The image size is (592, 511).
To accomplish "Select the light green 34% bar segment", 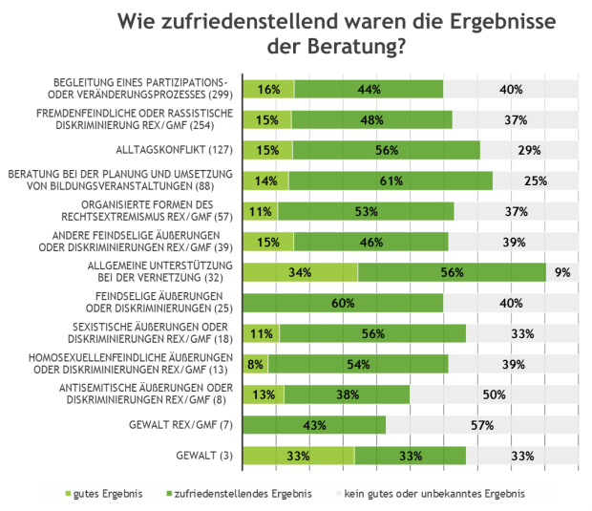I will (301, 272).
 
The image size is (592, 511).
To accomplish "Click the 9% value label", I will (561, 272).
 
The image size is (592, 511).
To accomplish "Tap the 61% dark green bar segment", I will (390, 181).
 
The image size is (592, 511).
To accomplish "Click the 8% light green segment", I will (256, 364).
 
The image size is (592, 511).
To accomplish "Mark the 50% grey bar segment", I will (494, 394).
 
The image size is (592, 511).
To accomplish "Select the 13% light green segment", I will (264, 394).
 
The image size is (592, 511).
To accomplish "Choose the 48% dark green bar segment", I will (371, 120).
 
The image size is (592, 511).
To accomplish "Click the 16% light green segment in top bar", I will (268, 90).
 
